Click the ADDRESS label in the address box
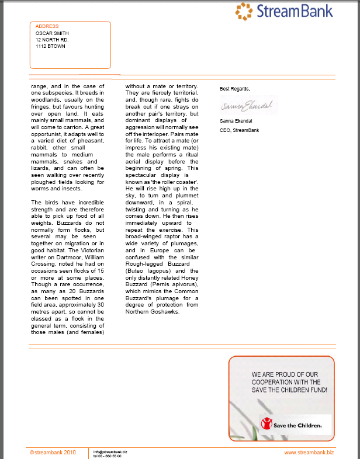pos(47,26)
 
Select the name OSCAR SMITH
pos(53,33)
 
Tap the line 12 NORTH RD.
pos(52,40)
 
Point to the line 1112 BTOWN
pos(50,46)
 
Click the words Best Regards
pos(234,89)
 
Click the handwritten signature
pos(249,106)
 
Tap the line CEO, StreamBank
pos(239,130)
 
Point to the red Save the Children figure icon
pos(267,423)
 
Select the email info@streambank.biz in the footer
pos(110,451)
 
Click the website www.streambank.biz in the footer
pos(309,452)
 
